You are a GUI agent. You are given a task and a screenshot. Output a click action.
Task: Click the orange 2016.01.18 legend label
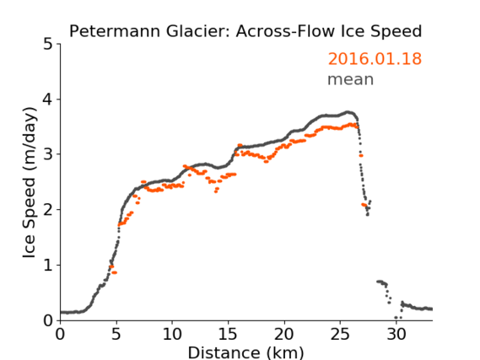375,59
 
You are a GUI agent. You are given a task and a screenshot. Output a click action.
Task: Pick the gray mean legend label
351,79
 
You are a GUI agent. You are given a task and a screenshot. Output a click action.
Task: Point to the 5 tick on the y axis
48,45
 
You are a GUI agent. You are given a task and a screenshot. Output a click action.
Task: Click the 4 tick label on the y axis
48,99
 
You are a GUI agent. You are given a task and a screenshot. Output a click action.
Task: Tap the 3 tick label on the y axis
48,154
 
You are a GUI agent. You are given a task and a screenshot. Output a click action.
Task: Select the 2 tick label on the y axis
48,210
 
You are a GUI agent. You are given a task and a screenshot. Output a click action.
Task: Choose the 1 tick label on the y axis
48,266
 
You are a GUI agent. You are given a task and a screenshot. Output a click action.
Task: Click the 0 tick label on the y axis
48,320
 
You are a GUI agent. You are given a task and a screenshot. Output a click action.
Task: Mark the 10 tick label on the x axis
172,335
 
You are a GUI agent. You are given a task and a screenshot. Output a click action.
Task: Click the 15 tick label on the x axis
228,335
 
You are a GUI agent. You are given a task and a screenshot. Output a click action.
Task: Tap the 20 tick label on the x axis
284,335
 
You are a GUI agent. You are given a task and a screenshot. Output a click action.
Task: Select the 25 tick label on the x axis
340,335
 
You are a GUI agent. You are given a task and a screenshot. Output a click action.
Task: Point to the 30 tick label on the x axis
396,335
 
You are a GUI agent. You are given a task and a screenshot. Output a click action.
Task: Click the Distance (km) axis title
245,353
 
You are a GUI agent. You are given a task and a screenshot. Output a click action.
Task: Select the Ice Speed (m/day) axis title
30,183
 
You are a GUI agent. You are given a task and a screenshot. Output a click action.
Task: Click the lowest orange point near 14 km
216,191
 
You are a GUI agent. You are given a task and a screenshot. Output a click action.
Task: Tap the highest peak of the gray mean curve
348,112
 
